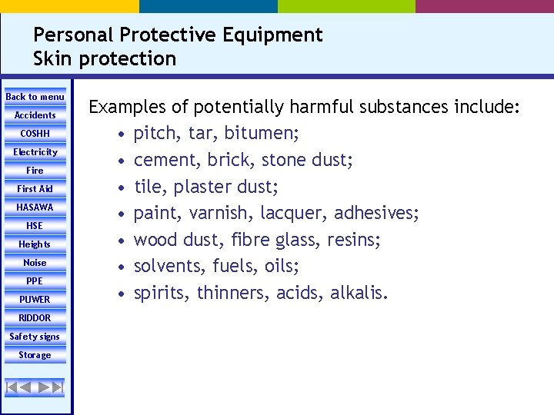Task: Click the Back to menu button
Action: coord(35,97)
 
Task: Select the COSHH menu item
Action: coord(35,134)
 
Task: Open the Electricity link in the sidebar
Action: coord(35,152)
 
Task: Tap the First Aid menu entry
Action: coord(35,189)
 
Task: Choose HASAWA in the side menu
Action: coord(35,207)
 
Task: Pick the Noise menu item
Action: coord(35,263)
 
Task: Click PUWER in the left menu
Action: coord(35,300)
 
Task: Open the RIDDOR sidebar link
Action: coord(35,318)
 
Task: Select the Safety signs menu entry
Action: coord(35,337)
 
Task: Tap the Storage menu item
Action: coord(35,355)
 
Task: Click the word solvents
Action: coord(167,267)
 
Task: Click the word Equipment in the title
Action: coord(272,35)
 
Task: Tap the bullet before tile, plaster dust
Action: coord(122,188)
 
